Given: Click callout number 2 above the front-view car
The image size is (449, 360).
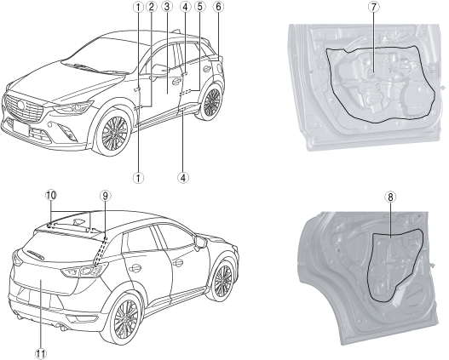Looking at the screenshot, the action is click(151, 7).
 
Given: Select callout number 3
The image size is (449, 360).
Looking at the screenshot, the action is click(167, 7).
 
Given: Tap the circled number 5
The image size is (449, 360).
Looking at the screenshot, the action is click(200, 7).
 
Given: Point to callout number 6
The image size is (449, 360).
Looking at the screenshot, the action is click(218, 7).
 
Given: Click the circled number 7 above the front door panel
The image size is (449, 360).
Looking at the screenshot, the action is click(373, 7).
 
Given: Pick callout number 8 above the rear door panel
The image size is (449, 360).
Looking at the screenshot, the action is click(390, 197).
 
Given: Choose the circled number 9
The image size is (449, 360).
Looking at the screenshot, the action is click(105, 196).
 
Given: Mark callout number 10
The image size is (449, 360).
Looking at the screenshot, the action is click(51, 196).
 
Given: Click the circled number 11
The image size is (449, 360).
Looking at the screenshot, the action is click(40, 354).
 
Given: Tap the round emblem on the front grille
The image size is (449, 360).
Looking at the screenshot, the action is click(21, 105).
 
